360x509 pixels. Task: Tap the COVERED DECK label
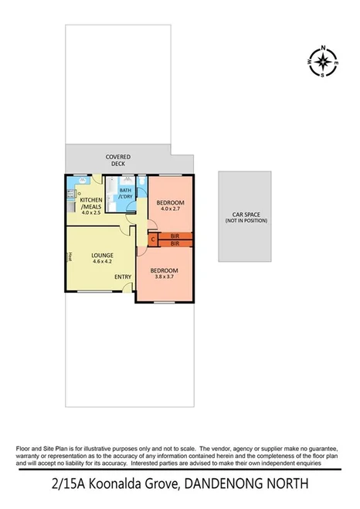(x=118, y=160)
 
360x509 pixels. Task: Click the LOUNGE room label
(x=103, y=256)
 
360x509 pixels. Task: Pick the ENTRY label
(x=123, y=277)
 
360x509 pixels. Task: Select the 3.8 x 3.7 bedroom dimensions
(x=166, y=277)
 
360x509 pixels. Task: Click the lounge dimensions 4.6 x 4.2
(x=103, y=263)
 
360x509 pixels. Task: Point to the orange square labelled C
(x=153, y=239)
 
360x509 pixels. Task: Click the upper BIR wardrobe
(x=175, y=235)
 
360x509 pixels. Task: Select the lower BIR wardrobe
(x=175, y=243)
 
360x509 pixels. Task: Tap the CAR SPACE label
(x=244, y=215)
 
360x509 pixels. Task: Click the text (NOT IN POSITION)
(x=244, y=222)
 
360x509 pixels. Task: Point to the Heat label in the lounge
(x=70, y=256)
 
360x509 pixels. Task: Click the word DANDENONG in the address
(x=224, y=485)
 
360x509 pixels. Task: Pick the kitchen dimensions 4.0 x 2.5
(x=91, y=212)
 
